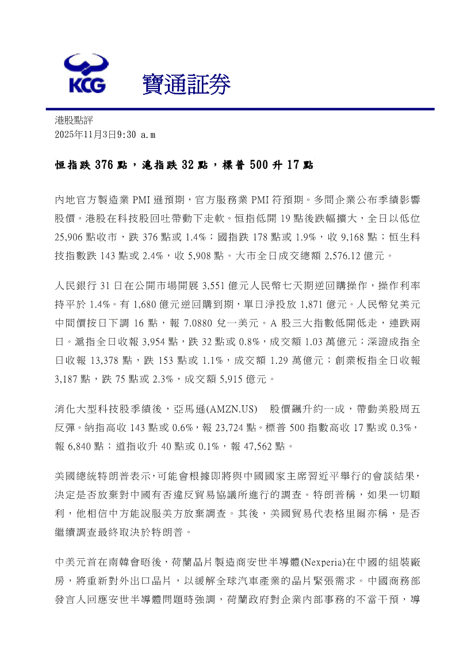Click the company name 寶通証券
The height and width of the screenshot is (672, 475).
[x=186, y=85]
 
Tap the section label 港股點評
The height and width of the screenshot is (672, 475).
[x=74, y=121]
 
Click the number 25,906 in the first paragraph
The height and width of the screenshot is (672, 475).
[x=70, y=236]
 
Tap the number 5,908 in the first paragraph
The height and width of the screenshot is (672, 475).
[x=201, y=254]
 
